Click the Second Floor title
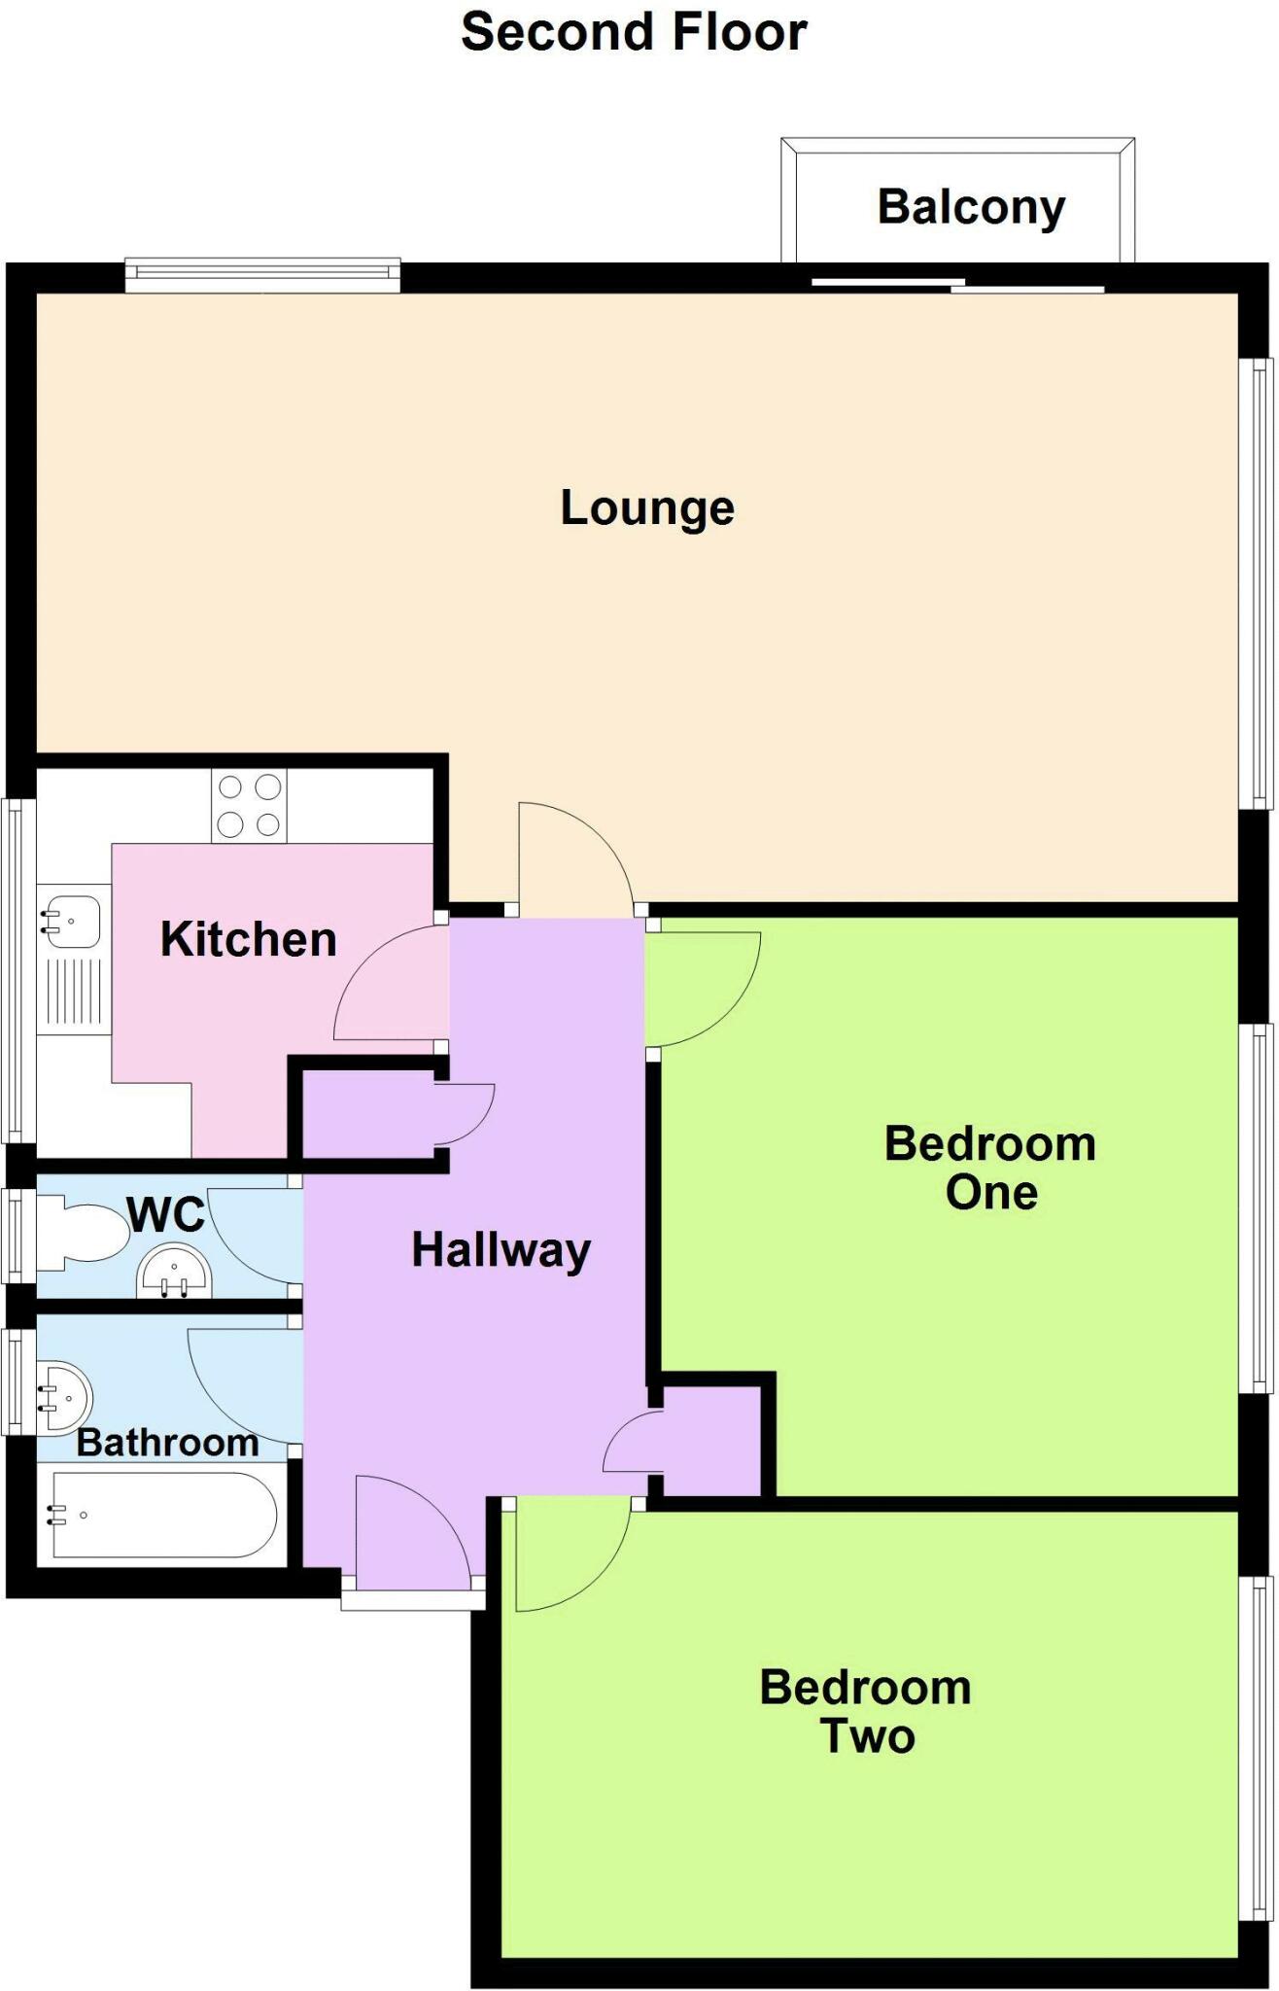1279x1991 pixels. (634, 32)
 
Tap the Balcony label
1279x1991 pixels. (971, 208)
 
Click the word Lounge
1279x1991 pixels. (647, 508)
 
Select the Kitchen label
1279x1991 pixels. (248, 940)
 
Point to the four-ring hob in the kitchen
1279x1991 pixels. (249, 806)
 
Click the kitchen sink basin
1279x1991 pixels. (70, 921)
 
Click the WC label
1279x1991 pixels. (166, 1214)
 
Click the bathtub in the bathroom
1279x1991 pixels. (163, 1515)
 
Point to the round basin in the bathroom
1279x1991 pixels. (64, 1398)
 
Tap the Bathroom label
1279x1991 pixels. (167, 1443)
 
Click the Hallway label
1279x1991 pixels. (501, 1250)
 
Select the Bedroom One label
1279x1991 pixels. (989, 1168)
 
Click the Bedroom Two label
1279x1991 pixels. (865, 1712)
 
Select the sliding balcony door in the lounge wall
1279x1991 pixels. (957, 286)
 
